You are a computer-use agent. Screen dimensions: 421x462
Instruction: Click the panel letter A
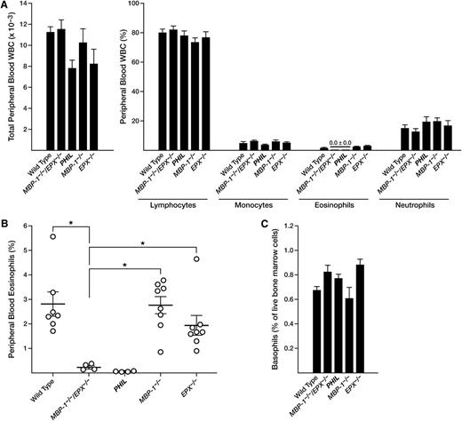[5, 6]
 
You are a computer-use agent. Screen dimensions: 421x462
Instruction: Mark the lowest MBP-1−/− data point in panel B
[156, 352]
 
